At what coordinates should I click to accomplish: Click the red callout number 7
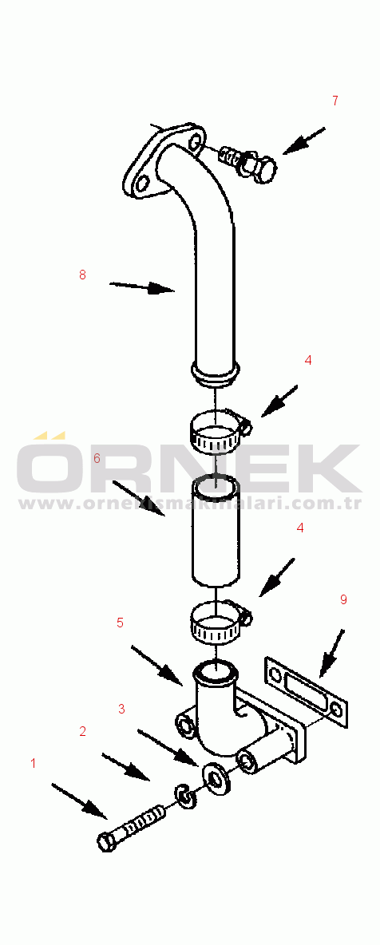point(335,101)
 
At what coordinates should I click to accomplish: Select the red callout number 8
point(83,275)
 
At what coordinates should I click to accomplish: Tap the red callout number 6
point(97,458)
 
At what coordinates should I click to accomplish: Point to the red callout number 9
point(343,599)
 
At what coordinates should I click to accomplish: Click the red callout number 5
point(120,623)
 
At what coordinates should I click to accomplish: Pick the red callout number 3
point(122,709)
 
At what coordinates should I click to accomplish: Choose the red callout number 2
point(83,732)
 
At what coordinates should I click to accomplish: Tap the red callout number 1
point(34,764)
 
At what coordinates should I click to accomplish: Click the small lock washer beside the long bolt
point(185,796)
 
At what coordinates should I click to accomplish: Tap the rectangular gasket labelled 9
point(305,692)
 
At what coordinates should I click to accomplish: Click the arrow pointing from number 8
point(142,287)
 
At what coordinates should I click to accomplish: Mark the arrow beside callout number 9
point(332,653)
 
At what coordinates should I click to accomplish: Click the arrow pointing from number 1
point(80,801)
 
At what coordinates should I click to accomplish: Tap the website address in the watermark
point(190,504)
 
